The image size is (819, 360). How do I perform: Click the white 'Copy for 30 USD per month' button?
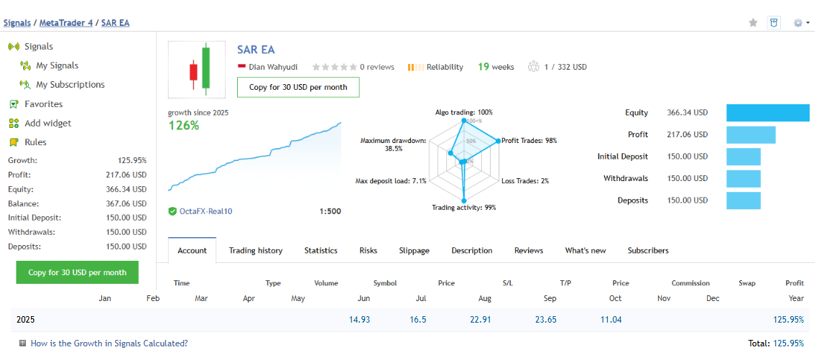(298, 87)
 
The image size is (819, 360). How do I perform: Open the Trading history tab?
(255, 251)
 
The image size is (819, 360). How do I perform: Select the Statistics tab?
(320, 251)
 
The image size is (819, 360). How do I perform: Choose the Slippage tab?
(414, 251)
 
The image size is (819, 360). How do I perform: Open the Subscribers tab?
(647, 251)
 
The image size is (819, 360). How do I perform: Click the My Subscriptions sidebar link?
(70, 85)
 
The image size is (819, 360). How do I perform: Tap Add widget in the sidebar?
(47, 123)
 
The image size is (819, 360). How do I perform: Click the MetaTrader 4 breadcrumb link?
(65, 23)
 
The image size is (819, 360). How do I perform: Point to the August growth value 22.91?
(480, 320)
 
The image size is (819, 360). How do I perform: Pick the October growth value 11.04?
(611, 320)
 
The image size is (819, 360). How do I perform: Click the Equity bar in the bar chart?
(767, 113)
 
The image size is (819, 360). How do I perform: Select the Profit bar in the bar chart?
(751, 134)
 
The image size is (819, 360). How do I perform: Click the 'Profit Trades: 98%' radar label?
(529, 141)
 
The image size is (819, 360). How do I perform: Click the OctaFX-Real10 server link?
(205, 211)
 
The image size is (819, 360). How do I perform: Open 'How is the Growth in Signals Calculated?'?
(109, 343)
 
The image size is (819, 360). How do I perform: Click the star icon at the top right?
(753, 23)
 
